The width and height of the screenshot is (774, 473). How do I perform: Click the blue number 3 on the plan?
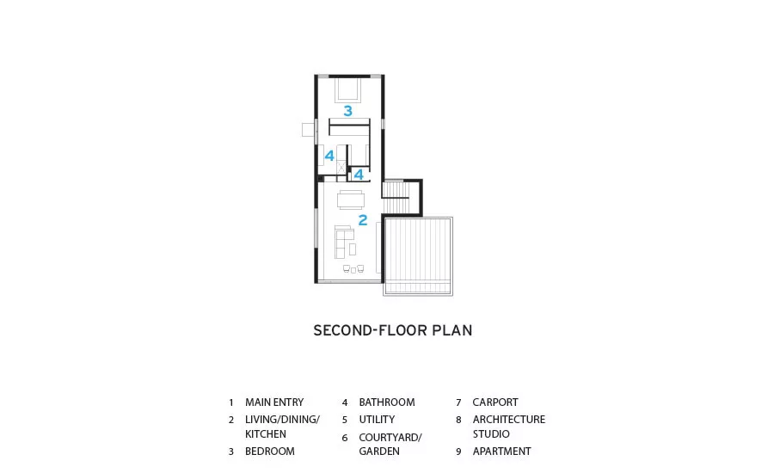(x=348, y=111)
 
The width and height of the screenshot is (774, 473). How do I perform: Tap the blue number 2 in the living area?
(x=363, y=220)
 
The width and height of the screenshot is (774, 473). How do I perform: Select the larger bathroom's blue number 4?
(x=329, y=156)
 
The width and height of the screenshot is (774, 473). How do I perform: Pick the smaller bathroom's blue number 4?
(x=359, y=175)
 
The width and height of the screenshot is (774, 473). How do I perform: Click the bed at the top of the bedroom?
(x=348, y=89)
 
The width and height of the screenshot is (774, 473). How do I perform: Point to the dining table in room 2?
(x=351, y=200)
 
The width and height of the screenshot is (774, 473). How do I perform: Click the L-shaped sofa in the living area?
(x=341, y=242)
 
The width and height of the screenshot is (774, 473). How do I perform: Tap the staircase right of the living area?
(x=396, y=197)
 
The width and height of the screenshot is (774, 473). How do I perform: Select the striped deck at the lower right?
(x=418, y=255)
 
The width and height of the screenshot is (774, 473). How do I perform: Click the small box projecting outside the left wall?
(x=308, y=129)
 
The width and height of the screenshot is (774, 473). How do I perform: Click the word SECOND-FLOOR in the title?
(x=370, y=330)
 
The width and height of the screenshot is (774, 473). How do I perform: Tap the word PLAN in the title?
(x=452, y=330)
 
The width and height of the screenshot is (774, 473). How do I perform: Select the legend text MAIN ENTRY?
(x=274, y=402)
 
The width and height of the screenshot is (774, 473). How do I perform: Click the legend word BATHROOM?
(x=387, y=402)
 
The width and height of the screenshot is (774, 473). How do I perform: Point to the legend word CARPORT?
(x=495, y=402)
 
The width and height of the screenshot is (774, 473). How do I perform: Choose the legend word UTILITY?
(x=377, y=420)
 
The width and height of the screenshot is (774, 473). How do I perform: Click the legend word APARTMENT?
(x=501, y=451)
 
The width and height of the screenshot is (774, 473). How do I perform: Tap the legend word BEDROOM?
(x=269, y=451)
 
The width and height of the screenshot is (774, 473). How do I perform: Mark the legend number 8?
(x=458, y=421)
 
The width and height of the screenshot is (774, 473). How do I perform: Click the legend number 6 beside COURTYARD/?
(x=345, y=438)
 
